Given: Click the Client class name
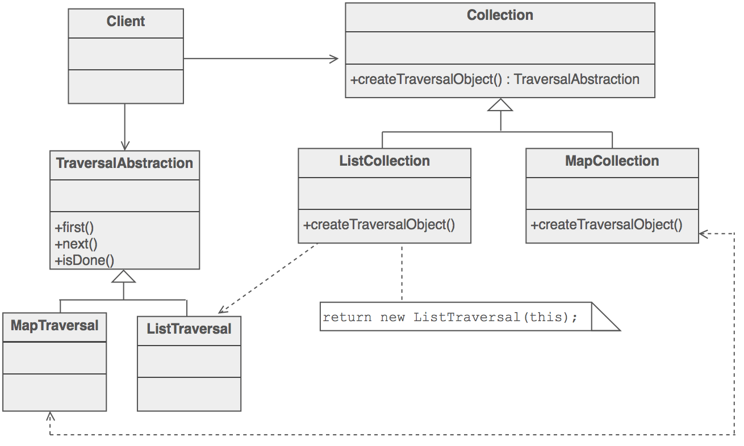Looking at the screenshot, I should coord(126,22).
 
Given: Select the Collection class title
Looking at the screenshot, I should coord(500,15).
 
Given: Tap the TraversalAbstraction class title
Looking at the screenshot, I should coord(124,163).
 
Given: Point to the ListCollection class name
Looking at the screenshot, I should coord(384,161).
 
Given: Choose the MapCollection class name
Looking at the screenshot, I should coord(612,161).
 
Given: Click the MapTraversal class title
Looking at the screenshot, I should coord(55,326).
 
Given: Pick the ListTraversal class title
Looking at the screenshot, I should coord(189,329).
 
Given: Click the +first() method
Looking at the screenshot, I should coord(74,228).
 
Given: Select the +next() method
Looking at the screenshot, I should coord(76,244).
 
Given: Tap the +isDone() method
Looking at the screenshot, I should coord(85,260).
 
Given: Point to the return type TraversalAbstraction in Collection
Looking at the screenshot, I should coord(576,79).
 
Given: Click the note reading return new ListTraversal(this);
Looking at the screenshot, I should coord(450,317).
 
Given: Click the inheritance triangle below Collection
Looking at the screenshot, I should coord(500,105).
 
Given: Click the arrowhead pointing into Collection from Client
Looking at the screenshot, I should coord(334,59).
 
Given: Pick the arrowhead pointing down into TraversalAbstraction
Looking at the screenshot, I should coord(125,145).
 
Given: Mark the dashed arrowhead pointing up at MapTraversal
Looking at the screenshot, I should coord(51,416).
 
